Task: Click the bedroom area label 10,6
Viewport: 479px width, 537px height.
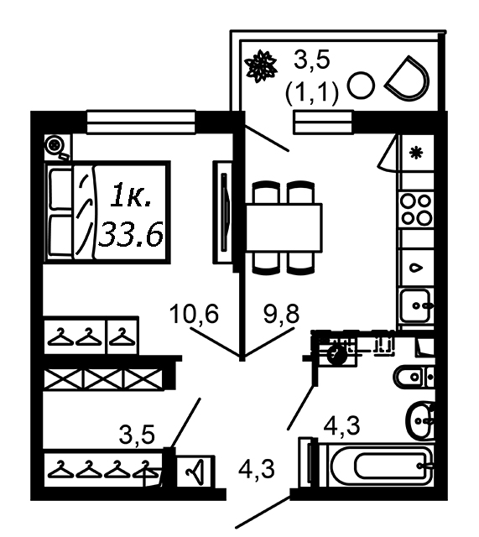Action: tap(194, 313)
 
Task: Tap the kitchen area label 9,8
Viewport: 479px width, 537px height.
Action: tap(281, 313)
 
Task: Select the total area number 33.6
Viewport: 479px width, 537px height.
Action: tap(131, 233)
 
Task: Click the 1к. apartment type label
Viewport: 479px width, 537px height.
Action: tap(131, 196)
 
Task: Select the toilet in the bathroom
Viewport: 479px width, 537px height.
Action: tap(414, 377)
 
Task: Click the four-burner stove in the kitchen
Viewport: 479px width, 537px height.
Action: tap(416, 209)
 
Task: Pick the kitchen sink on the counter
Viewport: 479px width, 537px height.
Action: tap(416, 305)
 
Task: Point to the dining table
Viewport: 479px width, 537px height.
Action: tap(284, 227)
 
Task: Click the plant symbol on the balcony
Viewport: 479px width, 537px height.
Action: tap(261, 66)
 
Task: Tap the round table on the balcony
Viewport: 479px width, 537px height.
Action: tap(361, 86)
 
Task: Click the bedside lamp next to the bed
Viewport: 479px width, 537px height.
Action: tap(55, 146)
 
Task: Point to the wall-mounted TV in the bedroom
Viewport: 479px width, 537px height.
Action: tap(225, 212)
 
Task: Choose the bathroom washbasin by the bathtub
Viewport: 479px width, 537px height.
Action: tap(419, 420)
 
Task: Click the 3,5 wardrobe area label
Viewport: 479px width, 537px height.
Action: tap(137, 435)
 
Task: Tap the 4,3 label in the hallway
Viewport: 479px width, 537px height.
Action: tap(257, 469)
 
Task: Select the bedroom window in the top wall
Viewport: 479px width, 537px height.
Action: tap(141, 122)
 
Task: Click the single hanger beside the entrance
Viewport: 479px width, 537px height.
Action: tap(195, 471)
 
